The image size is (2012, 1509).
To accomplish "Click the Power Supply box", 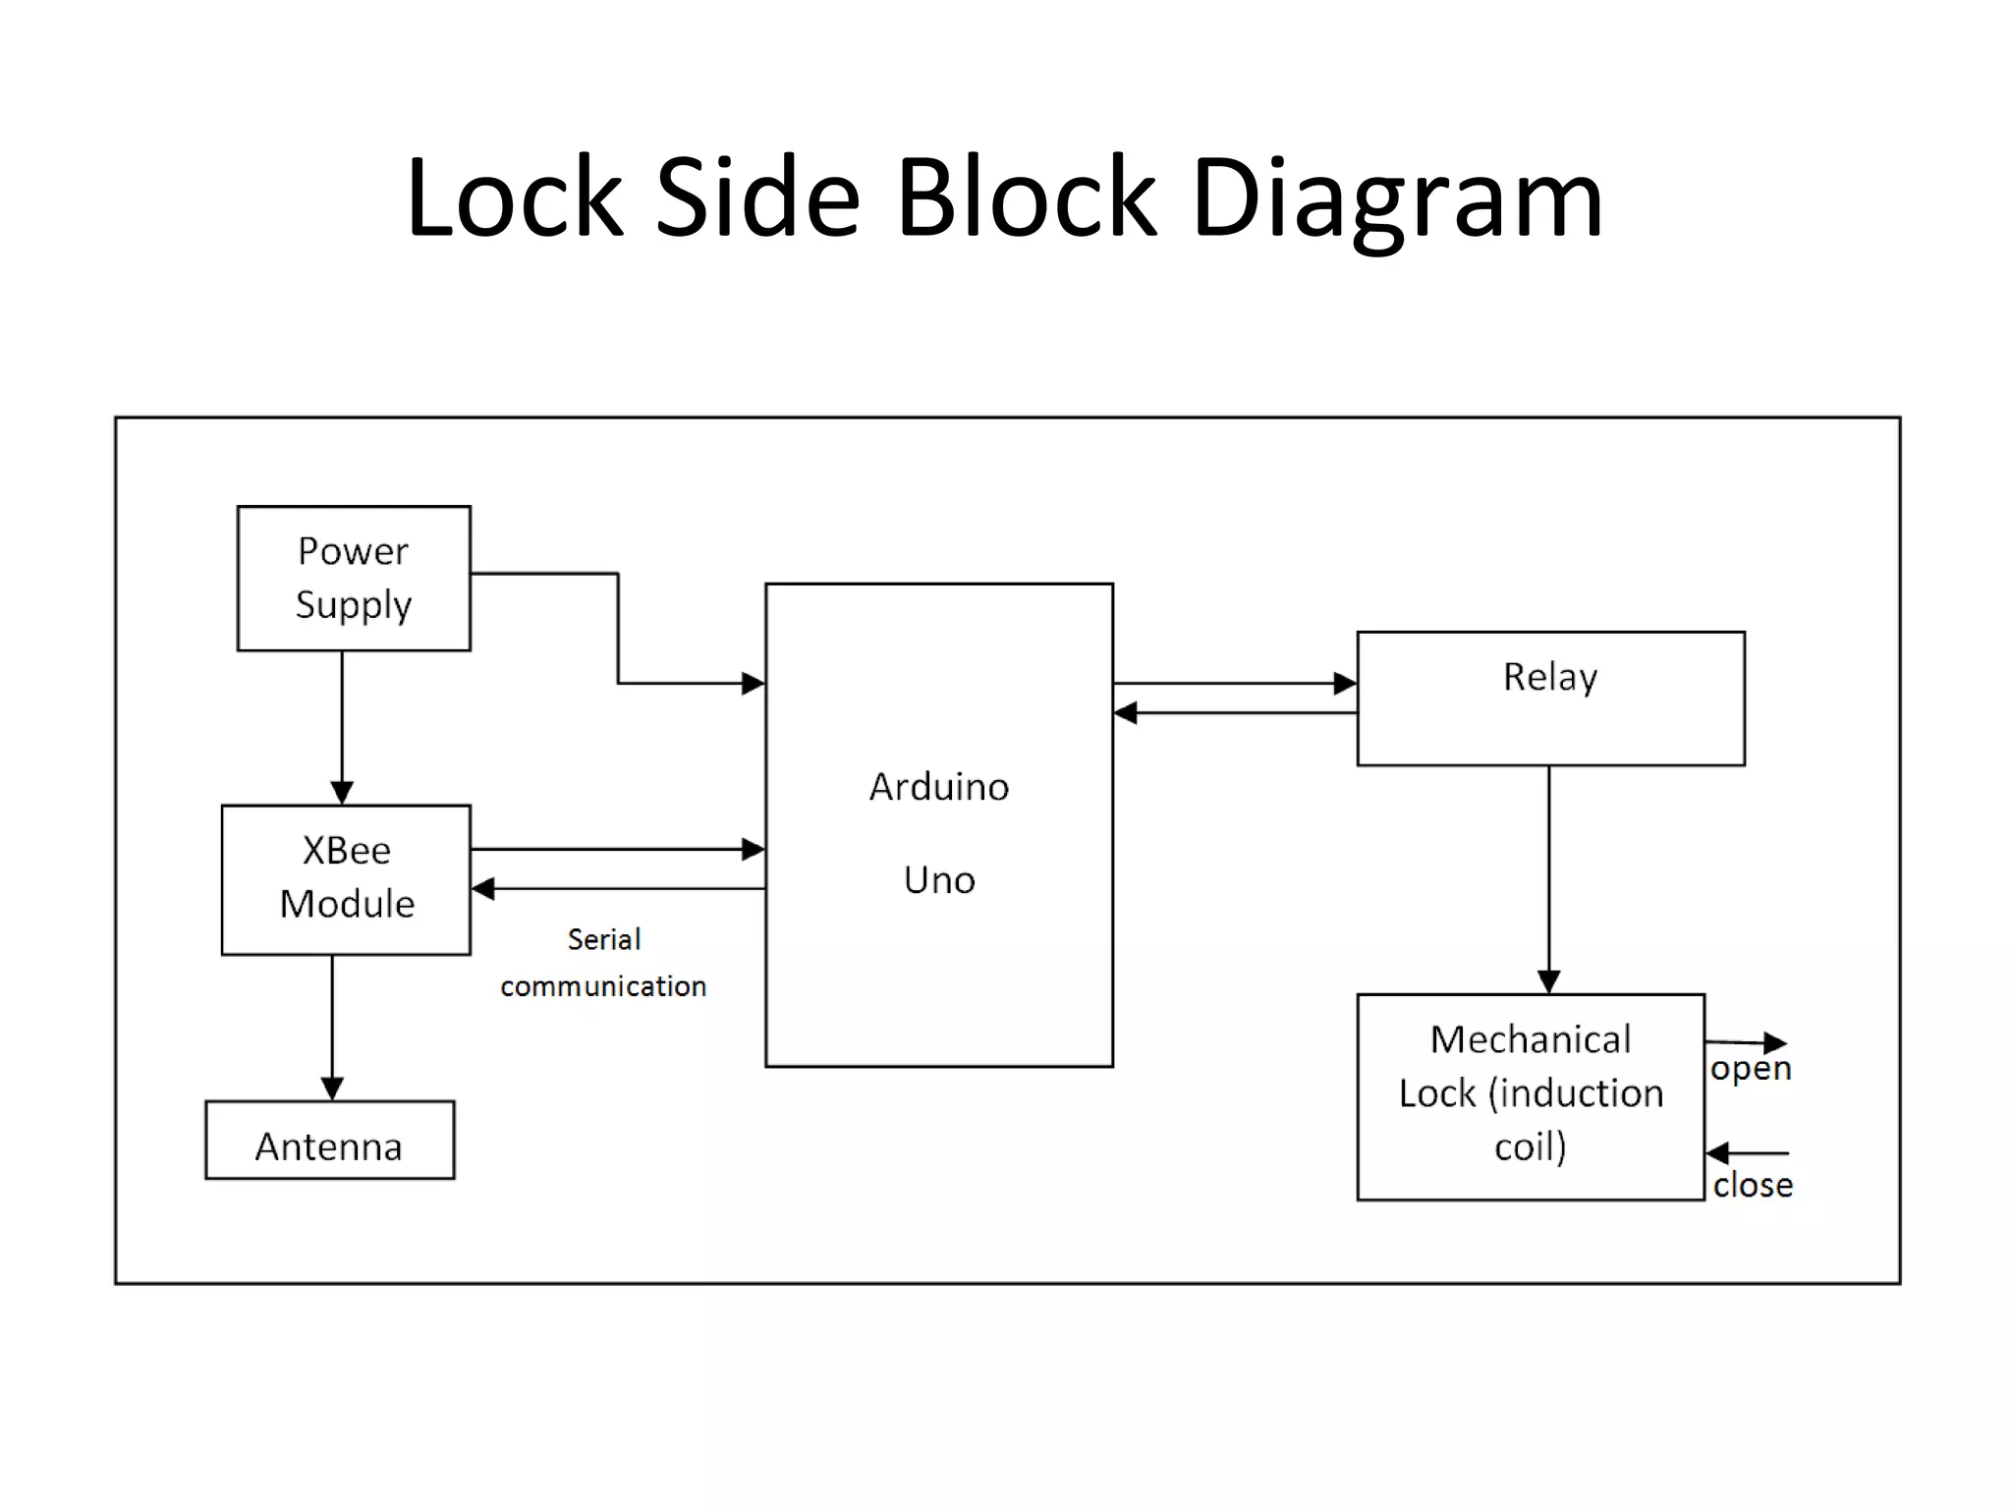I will point(354,579).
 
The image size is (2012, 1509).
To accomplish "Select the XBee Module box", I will point(346,879).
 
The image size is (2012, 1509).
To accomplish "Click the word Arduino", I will point(939,787).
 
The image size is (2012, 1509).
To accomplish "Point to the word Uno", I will point(939,880).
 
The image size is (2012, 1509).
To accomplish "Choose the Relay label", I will point(1550,677).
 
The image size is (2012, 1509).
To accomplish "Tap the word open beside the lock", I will point(1751,1069).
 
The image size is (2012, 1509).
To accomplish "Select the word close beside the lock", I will point(1753,1185).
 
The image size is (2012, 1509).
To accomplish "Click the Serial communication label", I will point(603,963).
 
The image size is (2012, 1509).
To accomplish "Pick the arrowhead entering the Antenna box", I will point(332,1089).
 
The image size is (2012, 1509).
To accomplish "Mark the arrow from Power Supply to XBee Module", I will point(342,727).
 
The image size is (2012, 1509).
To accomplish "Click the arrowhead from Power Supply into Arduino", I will point(753,683).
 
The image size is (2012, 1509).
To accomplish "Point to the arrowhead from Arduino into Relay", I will point(1345,683).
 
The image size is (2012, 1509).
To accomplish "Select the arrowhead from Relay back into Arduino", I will point(1126,713).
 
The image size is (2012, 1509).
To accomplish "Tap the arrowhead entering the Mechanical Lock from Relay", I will point(1549,981).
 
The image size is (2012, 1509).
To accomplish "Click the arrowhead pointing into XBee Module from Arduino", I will point(483,889).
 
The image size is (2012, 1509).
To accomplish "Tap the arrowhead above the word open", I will point(1775,1042).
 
